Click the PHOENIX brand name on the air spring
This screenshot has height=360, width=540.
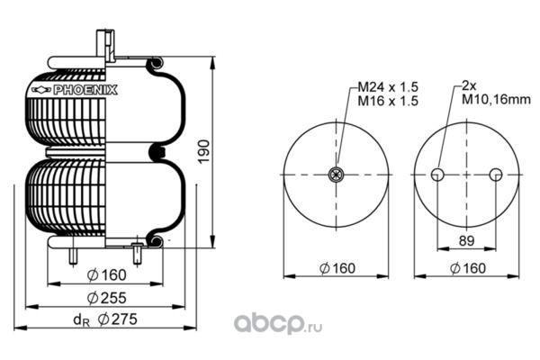(x=85, y=90)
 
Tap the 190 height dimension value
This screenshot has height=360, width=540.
(x=203, y=152)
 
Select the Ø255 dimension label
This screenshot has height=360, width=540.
(x=107, y=298)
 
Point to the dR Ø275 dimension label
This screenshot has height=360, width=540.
(x=105, y=319)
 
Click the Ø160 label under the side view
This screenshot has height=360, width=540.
(x=107, y=274)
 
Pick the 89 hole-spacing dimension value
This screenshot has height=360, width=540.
(x=466, y=241)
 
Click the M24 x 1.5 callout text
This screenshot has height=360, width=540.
(x=388, y=86)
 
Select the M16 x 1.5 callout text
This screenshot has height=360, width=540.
(x=388, y=101)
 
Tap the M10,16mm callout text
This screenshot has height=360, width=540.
(x=496, y=100)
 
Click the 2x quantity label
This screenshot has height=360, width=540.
(x=469, y=85)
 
